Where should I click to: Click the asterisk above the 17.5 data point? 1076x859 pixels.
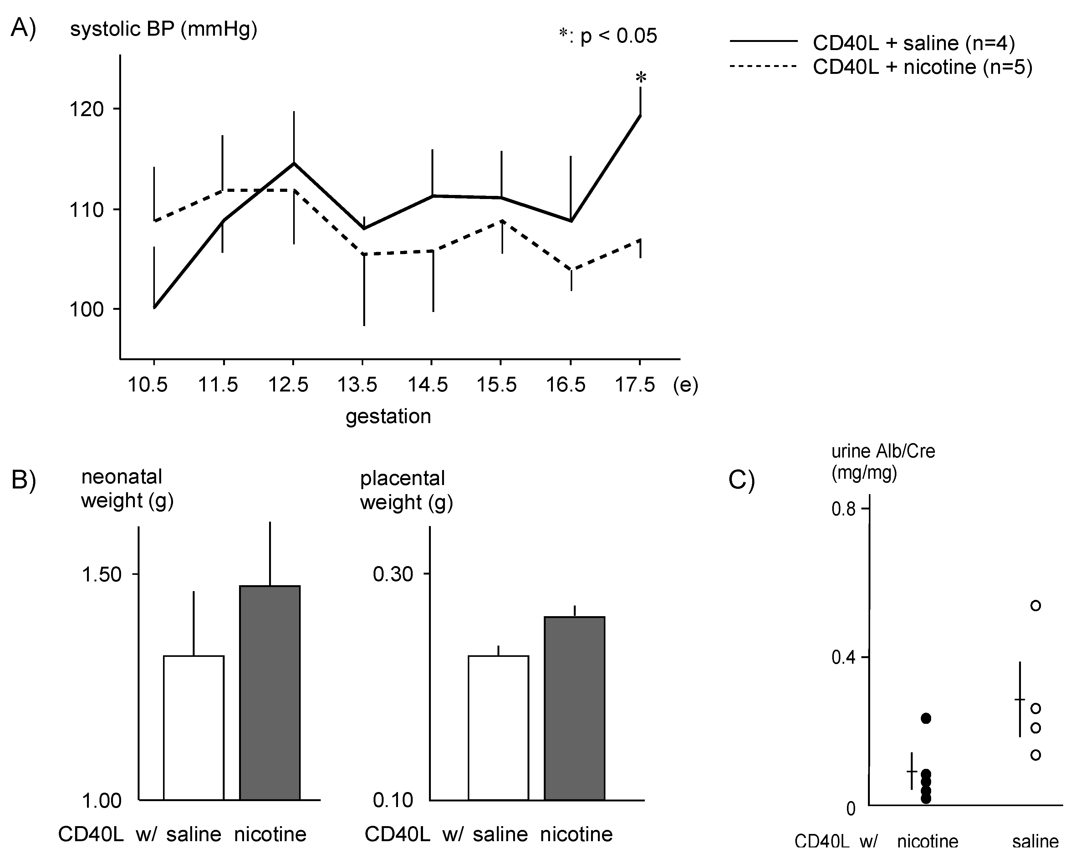click(x=641, y=77)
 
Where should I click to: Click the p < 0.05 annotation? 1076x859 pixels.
click(x=608, y=36)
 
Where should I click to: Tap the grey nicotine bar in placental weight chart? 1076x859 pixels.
click(x=574, y=709)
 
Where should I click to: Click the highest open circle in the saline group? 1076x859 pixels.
click(x=1036, y=606)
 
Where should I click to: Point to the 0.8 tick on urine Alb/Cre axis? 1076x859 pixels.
click(x=844, y=509)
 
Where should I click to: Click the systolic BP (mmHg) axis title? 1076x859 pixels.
click(x=163, y=29)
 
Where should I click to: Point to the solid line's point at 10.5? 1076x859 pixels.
click(x=155, y=308)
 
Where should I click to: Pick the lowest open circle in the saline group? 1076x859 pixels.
click(x=1036, y=755)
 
